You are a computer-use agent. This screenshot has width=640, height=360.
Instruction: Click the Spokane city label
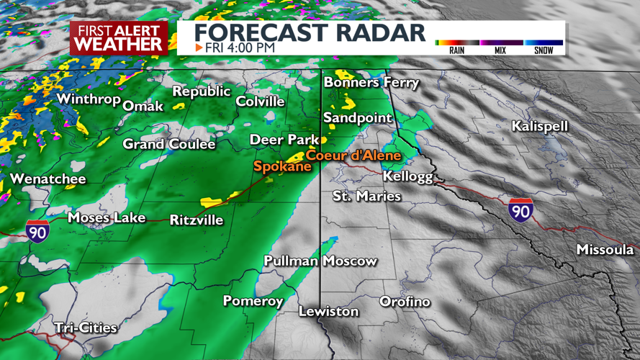click(x=282, y=166)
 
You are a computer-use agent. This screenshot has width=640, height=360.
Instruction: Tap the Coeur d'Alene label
click(x=353, y=155)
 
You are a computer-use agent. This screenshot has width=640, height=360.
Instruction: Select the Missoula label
click(x=605, y=250)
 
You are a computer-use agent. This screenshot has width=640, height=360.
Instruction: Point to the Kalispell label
click(x=539, y=126)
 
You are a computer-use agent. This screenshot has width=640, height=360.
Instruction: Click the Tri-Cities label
click(x=86, y=328)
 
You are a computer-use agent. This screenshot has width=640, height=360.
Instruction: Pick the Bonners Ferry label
click(x=371, y=83)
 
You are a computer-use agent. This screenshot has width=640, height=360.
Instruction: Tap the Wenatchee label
click(x=48, y=179)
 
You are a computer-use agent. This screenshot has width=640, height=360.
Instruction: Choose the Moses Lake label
click(x=107, y=217)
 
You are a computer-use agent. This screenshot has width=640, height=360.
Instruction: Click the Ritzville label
click(x=196, y=220)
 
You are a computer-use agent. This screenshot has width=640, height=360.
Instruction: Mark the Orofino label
click(x=405, y=301)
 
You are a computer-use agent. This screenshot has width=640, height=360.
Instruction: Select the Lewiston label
click(x=328, y=311)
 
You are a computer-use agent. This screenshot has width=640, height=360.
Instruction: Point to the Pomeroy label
click(x=253, y=301)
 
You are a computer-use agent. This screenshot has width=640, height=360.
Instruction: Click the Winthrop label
click(x=88, y=99)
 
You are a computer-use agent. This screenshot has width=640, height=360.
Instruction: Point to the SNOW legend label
click(x=544, y=50)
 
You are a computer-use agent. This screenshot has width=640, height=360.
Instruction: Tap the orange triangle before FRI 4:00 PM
click(x=199, y=48)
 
